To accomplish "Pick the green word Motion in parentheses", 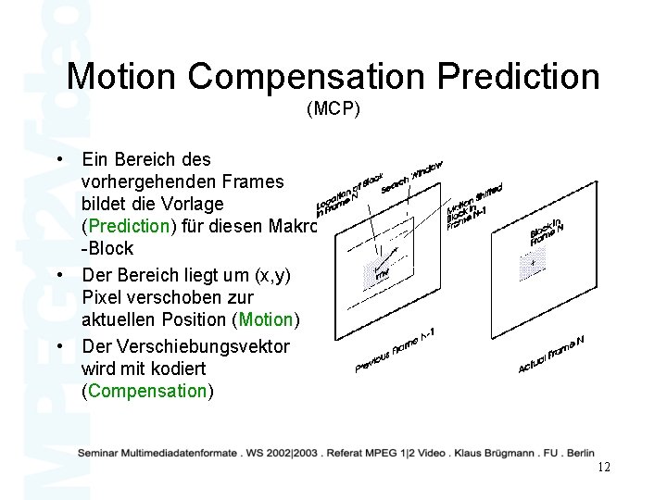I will tap(265, 319).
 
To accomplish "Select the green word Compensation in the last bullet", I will tap(146, 390).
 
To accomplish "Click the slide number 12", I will tap(604, 468).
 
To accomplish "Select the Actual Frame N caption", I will tap(552, 353).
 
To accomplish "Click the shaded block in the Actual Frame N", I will tap(531, 267).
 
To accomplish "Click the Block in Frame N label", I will tap(547, 229).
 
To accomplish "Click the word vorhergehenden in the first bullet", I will tap(182, 180).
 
